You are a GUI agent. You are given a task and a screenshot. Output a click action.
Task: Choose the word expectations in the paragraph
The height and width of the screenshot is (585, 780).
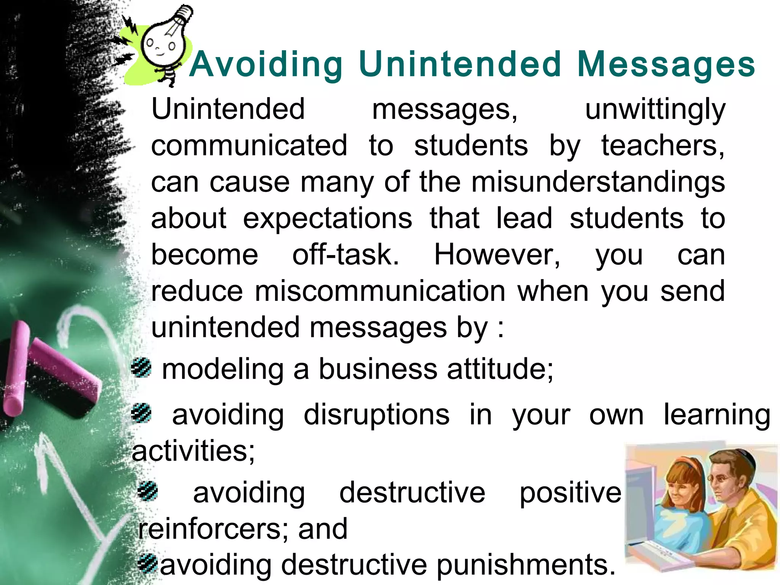pyautogui.click(x=328, y=219)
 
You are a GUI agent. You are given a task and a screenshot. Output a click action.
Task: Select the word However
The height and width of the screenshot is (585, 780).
pyautogui.click(x=497, y=255)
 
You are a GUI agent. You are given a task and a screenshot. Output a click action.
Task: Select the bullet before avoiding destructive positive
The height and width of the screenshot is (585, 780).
pyautogui.click(x=148, y=491)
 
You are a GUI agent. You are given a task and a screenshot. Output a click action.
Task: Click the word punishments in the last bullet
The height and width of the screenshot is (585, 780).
pyautogui.click(x=526, y=565)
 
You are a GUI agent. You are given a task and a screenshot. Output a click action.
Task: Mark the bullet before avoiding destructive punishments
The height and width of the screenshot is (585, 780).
pyautogui.click(x=148, y=564)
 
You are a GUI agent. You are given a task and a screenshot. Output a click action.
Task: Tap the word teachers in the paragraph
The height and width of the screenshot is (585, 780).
pyautogui.click(x=663, y=146)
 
